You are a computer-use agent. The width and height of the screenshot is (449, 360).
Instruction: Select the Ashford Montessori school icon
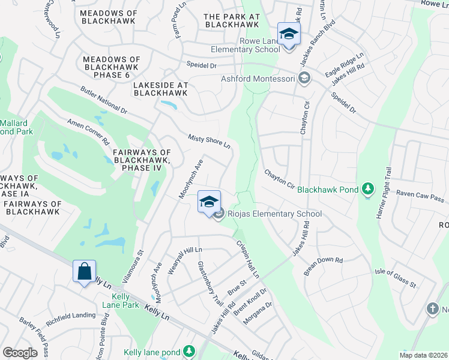(304, 79)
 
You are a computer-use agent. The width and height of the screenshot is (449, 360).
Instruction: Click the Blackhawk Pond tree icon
(368, 190)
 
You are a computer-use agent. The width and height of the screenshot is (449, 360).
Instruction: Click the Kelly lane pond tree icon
(189, 350)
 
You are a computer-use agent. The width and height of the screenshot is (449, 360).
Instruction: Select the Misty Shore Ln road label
(209, 142)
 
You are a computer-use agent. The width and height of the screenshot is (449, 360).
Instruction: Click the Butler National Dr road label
(104, 100)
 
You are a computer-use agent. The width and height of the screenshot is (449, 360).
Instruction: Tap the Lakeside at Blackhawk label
(160, 89)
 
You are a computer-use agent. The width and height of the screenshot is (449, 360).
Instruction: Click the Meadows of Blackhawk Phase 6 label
(112, 67)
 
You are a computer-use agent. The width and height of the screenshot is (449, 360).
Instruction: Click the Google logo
(20, 353)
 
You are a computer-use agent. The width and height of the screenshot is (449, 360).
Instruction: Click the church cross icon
(432, 309)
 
